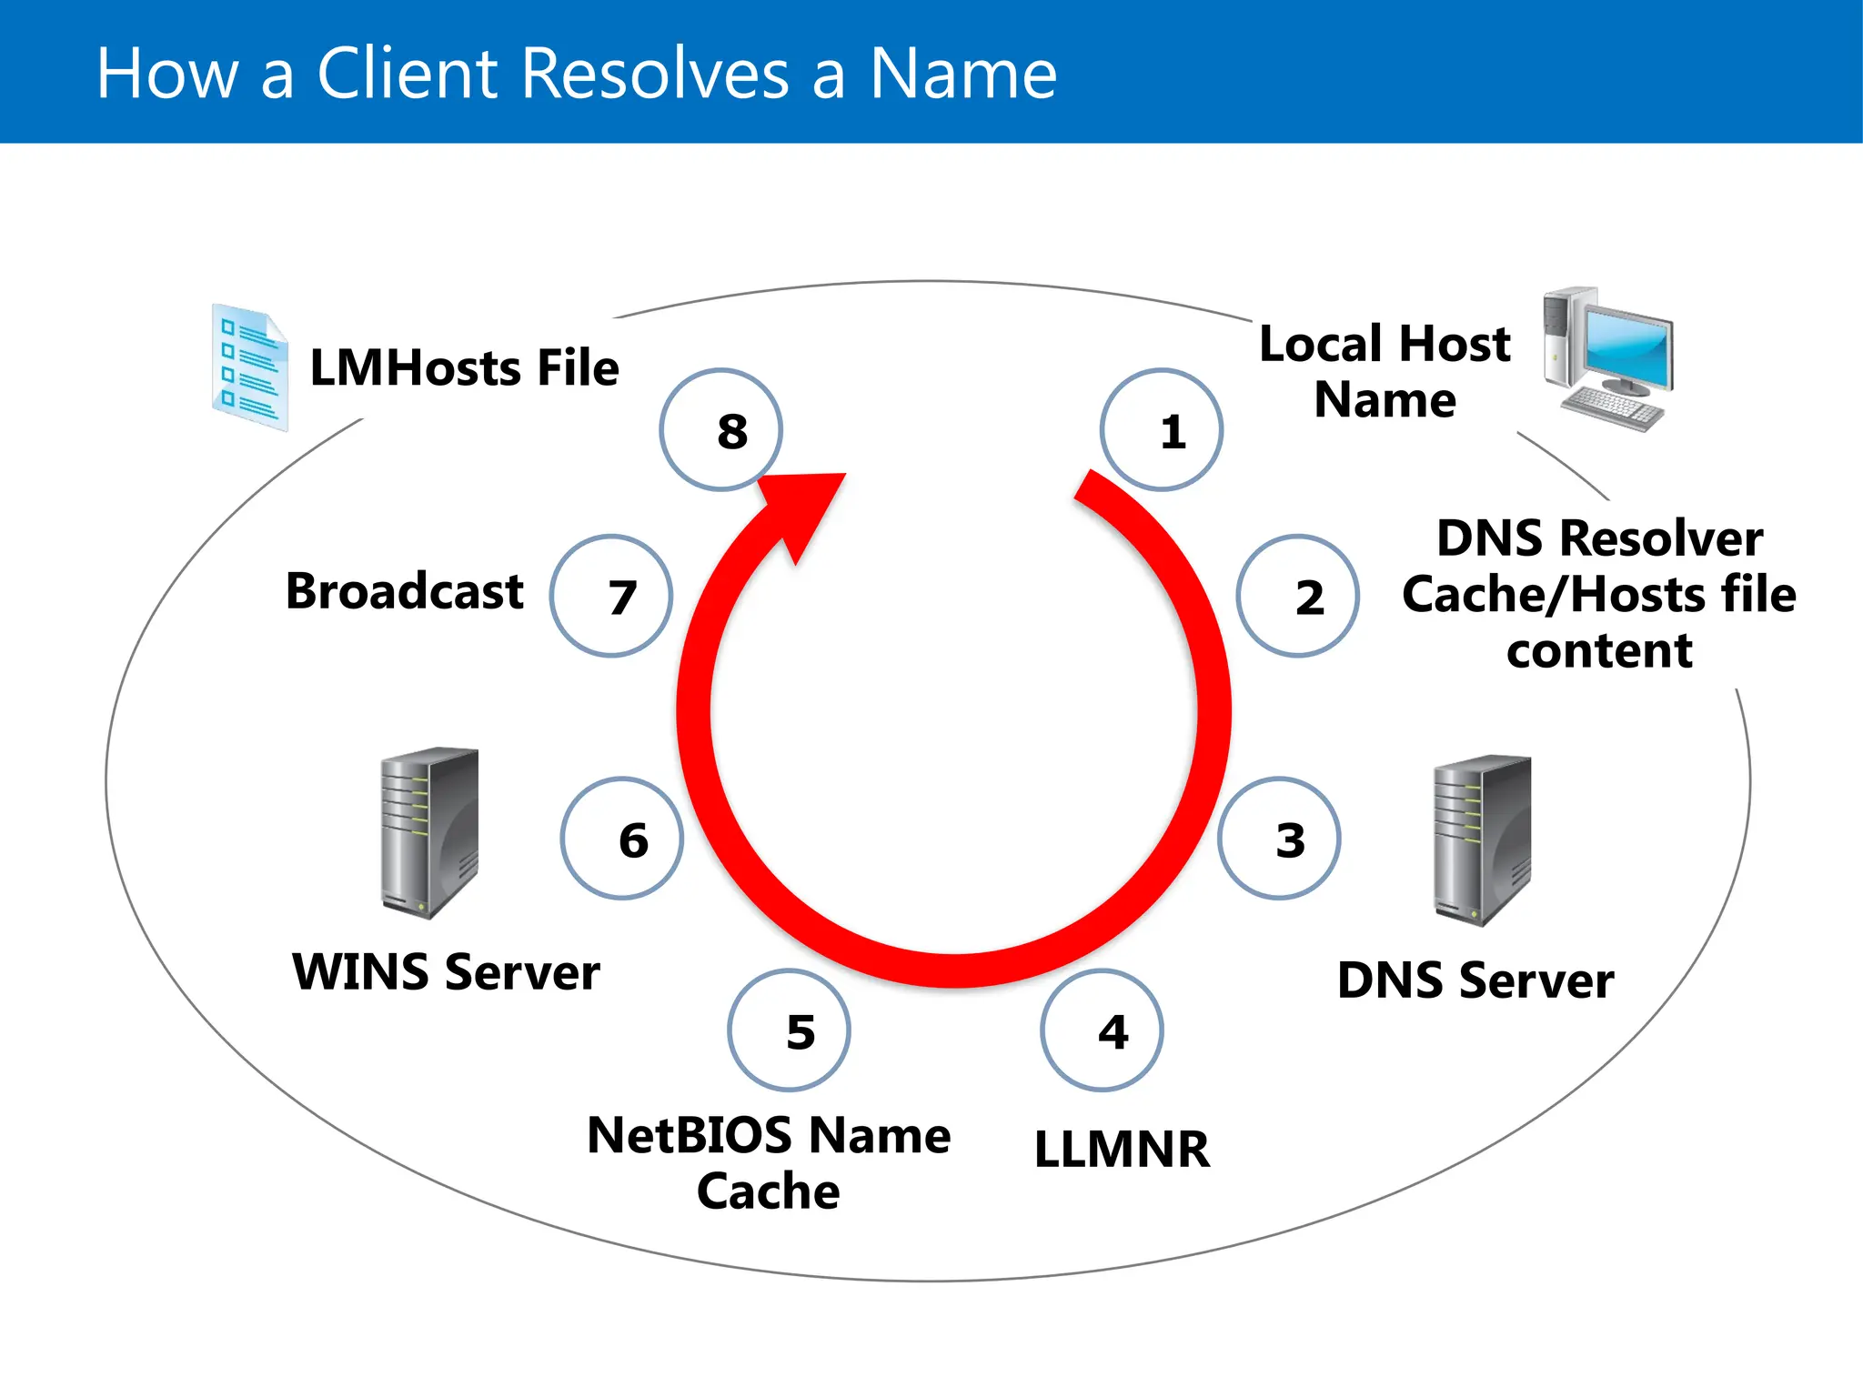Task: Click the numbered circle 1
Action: click(x=1161, y=430)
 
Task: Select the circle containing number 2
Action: click(x=1297, y=596)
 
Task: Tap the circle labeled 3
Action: click(x=1279, y=839)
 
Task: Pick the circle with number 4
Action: click(x=1102, y=1030)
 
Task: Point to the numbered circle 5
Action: click(x=789, y=1030)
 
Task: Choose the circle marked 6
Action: click(x=622, y=839)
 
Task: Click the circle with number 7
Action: click(x=611, y=596)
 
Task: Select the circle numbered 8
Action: click(x=720, y=430)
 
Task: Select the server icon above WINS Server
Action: click(x=429, y=832)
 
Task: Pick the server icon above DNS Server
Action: click(x=1482, y=839)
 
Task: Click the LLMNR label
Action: click(x=1122, y=1149)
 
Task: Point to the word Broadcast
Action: click(x=404, y=591)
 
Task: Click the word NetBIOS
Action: click(x=690, y=1136)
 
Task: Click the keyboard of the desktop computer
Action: click(x=1612, y=408)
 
